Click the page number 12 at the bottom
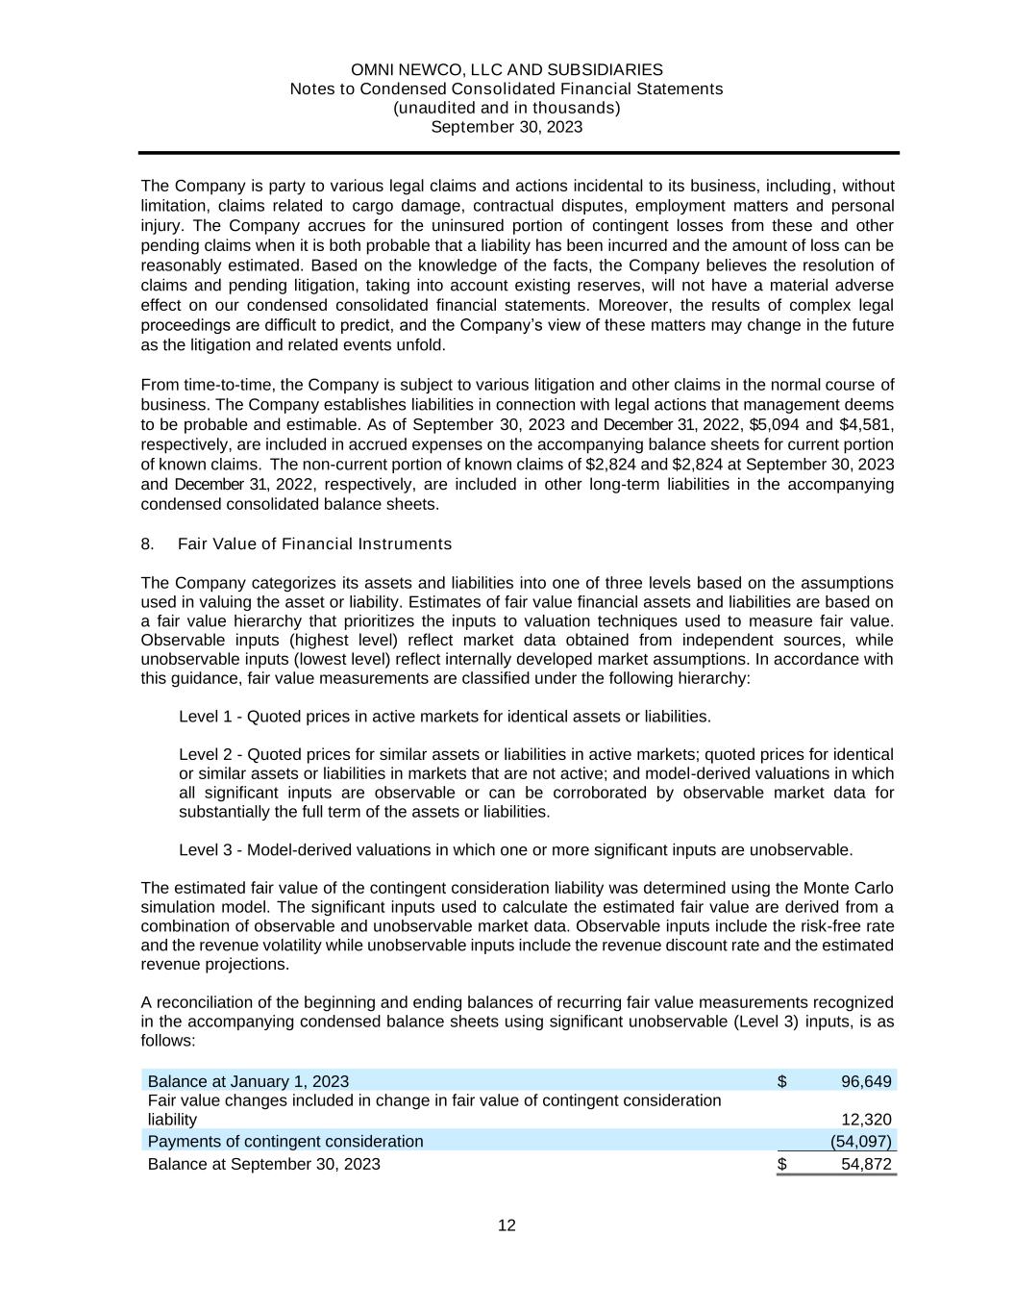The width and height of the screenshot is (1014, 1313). (507, 1225)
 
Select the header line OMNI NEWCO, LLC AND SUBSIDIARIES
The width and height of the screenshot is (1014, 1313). (507, 70)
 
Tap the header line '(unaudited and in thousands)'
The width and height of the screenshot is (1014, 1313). (507, 108)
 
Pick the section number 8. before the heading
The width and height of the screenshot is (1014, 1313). (148, 544)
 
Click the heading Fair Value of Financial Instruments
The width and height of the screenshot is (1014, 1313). (314, 544)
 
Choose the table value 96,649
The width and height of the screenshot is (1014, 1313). (866, 1081)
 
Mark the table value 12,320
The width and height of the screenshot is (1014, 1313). (866, 1120)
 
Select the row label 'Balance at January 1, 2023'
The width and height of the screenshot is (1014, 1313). (248, 1081)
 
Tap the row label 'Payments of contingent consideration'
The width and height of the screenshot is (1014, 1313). (284, 1142)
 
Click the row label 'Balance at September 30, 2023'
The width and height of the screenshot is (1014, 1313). (263, 1164)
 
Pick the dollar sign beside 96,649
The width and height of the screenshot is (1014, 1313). (782, 1081)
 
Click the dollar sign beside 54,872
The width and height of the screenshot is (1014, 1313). (782, 1164)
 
